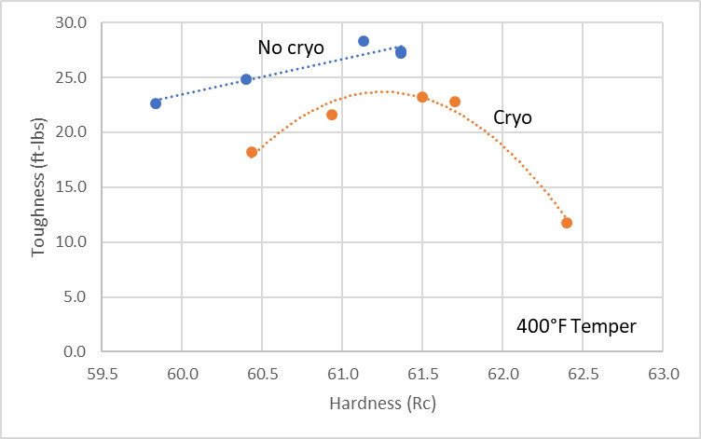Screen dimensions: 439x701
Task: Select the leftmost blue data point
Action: pyautogui.click(x=156, y=103)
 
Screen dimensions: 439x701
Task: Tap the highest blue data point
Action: pyautogui.click(x=364, y=41)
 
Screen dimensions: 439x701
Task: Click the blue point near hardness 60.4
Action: pyautogui.click(x=246, y=79)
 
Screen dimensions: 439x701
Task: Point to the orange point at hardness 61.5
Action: pyautogui.click(x=422, y=97)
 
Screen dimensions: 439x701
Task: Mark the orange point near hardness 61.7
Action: pyautogui.click(x=455, y=102)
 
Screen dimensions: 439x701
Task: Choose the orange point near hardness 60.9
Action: pyautogui.click(x=332, y=115)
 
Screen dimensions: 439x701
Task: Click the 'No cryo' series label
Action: pyautogui.click(x=291, y=47)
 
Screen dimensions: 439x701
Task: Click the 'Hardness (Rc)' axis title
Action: pyautogui.click(x=382, y=405)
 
